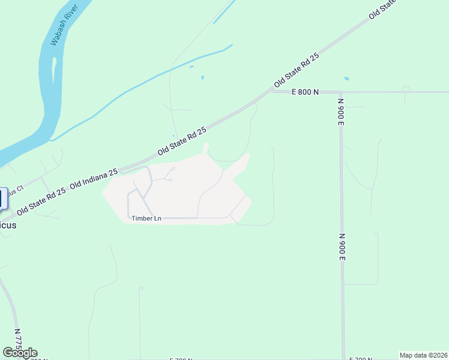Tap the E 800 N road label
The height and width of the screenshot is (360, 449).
[x=305, y=92]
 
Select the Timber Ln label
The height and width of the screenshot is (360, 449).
[x=146, y=218]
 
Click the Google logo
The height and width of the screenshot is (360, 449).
[x=20, y=353]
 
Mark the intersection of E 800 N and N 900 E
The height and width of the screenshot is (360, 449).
[x=340, y=92]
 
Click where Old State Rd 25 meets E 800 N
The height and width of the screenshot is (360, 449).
[x=273, y=92]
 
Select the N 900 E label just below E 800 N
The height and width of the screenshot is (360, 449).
[x=339, y=111]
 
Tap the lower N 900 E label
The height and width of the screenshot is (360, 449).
[x=342, y=247]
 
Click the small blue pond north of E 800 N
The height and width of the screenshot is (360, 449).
[x=346, y=79]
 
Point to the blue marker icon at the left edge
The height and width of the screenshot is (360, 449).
[x=3, y=199]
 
